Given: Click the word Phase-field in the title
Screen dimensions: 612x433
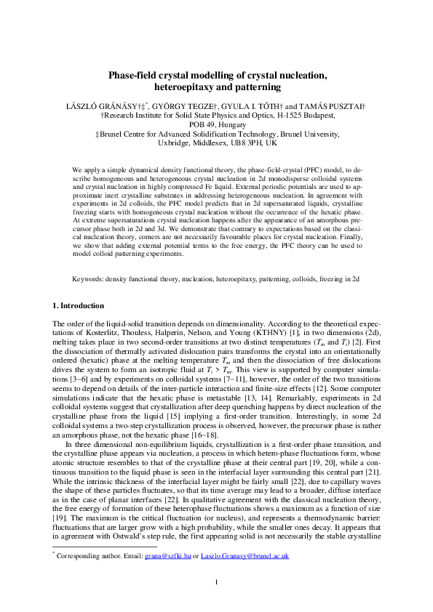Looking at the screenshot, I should (x=133, y=75).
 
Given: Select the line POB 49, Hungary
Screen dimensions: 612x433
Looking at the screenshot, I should (x=216, y=125).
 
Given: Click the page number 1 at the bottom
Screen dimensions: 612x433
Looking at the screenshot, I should (x=216, y=581).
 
